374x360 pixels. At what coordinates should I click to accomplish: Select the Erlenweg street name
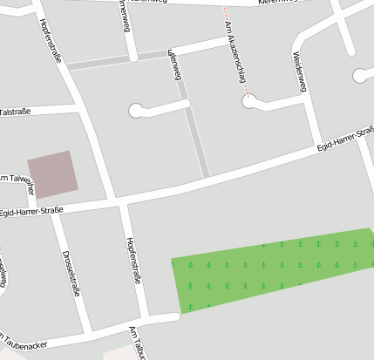click(174, 65)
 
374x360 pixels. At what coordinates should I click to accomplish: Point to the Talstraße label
click(16, 112)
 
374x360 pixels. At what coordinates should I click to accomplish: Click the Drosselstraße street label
click(71, 273)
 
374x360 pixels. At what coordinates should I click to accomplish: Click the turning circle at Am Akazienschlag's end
click(250, 102)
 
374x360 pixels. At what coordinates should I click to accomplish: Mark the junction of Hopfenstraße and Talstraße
click(79, 108)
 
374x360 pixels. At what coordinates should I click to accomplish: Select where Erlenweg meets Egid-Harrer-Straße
click(207, 179)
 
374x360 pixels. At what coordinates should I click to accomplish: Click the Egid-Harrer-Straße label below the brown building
click(36, 210)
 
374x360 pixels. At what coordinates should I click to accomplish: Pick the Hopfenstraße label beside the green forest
click(133, 262)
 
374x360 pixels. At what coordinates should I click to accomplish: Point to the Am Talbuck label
click(137, 343)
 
